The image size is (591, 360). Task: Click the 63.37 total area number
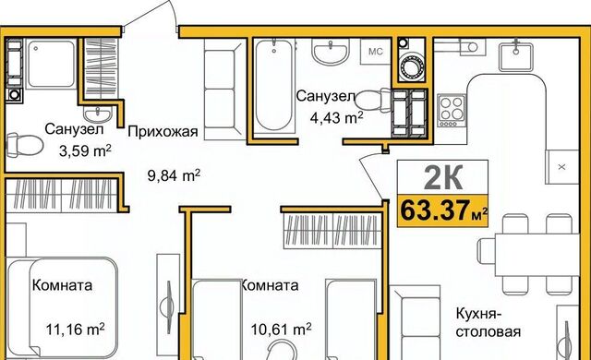[435, 210]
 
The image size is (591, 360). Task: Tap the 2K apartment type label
[443, 178]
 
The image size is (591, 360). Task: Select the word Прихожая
[163, 132]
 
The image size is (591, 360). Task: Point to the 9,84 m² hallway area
[174, 175]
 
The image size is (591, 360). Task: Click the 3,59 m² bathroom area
[85, 151]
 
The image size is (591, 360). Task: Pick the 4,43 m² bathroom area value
[336, 118]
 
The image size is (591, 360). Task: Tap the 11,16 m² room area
[76, 330]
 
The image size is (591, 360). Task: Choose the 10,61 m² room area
[281, 330]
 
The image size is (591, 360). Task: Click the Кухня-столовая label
[488, 323]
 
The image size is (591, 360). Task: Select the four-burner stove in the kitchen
[452, 111]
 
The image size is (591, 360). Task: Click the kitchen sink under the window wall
[516, 56]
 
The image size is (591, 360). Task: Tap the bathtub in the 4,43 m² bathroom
[273, 85]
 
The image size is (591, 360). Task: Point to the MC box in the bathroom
[376, 52]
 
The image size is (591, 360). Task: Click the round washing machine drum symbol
[412, 67]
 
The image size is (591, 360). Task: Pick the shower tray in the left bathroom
[52, 64]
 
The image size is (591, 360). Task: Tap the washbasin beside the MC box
[331, 51]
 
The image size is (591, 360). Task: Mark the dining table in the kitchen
[537, 255]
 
